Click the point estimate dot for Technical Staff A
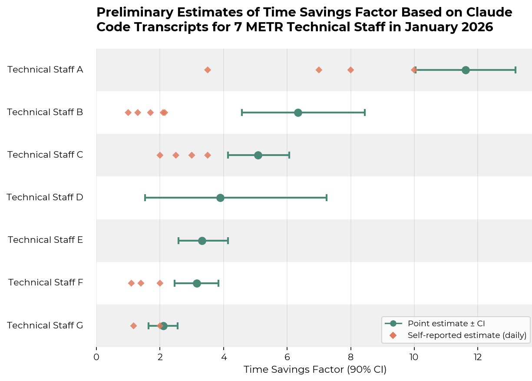pyautogui.click(x=466, y=70)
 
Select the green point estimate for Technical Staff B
pyautogui.click(x=298, y=113)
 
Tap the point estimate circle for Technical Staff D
pyautogui.click(x=220, y=198)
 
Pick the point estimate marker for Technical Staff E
pyautogui.click(x=202, y=241)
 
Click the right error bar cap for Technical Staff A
pyautogui.click(x=515, y=70)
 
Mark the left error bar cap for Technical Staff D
pyautogui.click(x=145, y=198)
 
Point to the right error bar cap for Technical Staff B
pyautogui.click(x=364, y=113)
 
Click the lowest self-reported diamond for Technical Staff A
pyautogui.click(x=208, y=70)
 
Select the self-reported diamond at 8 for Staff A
pyautogui.click(x=350, y=70)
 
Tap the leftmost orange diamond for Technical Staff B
pyautogui.click(x=128, y=113)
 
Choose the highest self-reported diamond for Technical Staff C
pyautogui.click(x=208, y=155)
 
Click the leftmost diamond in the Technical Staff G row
pyautogui.click(x=133, y=326)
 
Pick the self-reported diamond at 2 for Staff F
pyautogui.click(x=160, y=283)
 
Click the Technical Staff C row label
pyautogui.click(x=45, y=155)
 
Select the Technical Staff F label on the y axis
pyautogui.click(x=46, y=282)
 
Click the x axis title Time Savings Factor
pyautogui.click(x=315, y=370)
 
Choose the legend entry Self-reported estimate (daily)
pyautogui.click(x=467, y=335)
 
